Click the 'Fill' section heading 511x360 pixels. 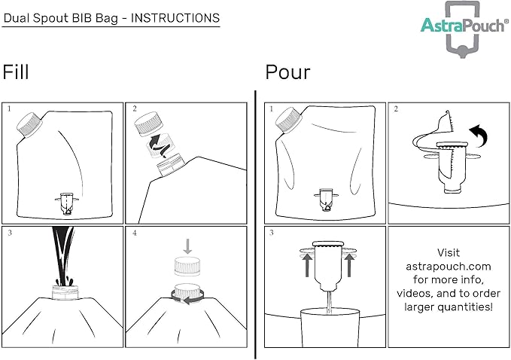pos(17,72)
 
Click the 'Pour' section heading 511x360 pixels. pos(287,72)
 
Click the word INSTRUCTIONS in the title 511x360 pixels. pos(176,17)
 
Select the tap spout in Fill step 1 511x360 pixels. pos(65,203)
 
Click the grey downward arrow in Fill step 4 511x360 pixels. pos(187,246)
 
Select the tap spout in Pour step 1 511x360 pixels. pos(326,200)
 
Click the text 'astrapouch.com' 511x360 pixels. pos(448,267)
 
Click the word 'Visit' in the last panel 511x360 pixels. pos(448,253)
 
